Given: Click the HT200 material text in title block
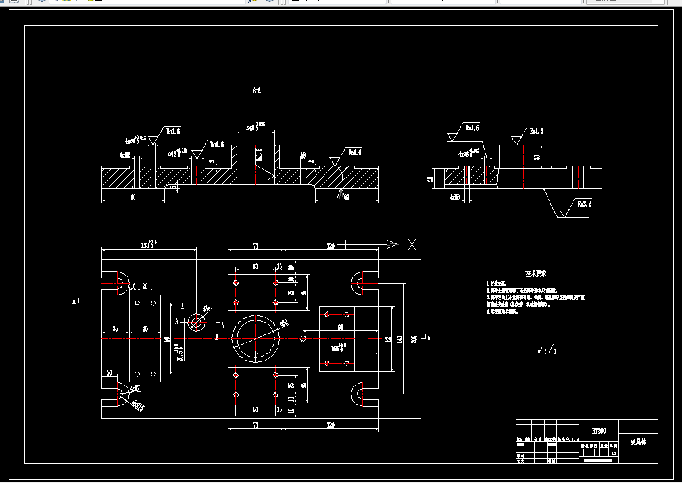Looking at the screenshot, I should point(598,431).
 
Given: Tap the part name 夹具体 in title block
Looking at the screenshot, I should point(638,442).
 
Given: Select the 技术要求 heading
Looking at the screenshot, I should point(536,273).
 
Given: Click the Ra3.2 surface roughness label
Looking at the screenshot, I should point(584,204).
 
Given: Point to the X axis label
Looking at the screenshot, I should point(412,245).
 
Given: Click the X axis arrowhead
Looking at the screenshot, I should point(392,245).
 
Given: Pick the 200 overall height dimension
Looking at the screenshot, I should point(414,339).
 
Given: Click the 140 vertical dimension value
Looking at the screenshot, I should point(400,339).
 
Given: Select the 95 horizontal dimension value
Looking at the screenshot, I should point(341,326).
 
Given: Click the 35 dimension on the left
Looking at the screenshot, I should point(115,328).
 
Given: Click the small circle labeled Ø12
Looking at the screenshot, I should point(196,322).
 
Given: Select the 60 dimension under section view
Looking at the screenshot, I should point(133,197).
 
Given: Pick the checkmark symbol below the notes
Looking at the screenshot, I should point(545,349).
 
